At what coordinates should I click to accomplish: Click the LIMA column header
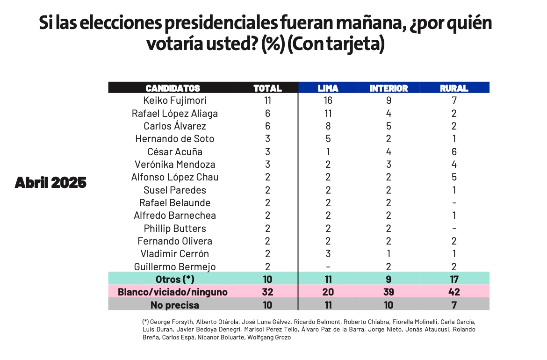[x=328, y=88]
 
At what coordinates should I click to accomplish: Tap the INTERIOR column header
[x=389, y=88]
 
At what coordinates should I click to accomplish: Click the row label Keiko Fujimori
[x=175, y=101]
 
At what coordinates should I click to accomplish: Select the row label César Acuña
[x=175, y=151]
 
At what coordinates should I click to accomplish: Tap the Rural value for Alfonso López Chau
[x=454, y=177]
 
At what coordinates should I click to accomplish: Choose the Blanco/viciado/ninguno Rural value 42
[x=454, y=292]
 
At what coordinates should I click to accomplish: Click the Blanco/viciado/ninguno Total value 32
[x=267, y=292]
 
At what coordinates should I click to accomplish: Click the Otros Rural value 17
[x=454, y=280]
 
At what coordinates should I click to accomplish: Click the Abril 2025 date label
[x=50, y=183]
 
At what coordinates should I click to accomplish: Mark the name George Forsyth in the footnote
[x=171, y=322]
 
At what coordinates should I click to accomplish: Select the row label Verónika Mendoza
[x=175, y=165]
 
